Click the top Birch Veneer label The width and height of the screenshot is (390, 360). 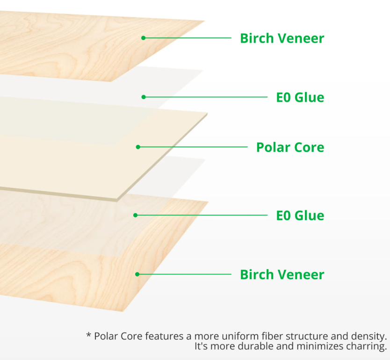click(282, 38)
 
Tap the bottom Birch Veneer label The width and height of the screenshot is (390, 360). click(282, 274)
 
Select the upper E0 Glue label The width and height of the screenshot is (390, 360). click(300, 97)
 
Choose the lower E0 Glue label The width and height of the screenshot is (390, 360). click(300, 216)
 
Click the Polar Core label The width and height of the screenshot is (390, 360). click(290, 147)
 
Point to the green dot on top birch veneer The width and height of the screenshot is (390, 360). click(144, 38)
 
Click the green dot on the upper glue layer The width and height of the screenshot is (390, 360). click(144, 97)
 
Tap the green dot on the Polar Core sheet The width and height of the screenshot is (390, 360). click(138, 147)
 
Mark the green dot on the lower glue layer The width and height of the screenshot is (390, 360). click(135, 215)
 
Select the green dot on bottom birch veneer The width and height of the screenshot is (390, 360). click(137, 274)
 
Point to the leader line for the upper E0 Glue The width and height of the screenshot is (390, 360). click(206, 97)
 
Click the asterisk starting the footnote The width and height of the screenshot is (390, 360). click(88, 336)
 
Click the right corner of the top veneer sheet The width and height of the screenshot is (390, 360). click(205, 21)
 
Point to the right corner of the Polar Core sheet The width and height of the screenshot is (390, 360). click(207, 113)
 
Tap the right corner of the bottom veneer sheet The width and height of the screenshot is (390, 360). click(208, 202)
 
